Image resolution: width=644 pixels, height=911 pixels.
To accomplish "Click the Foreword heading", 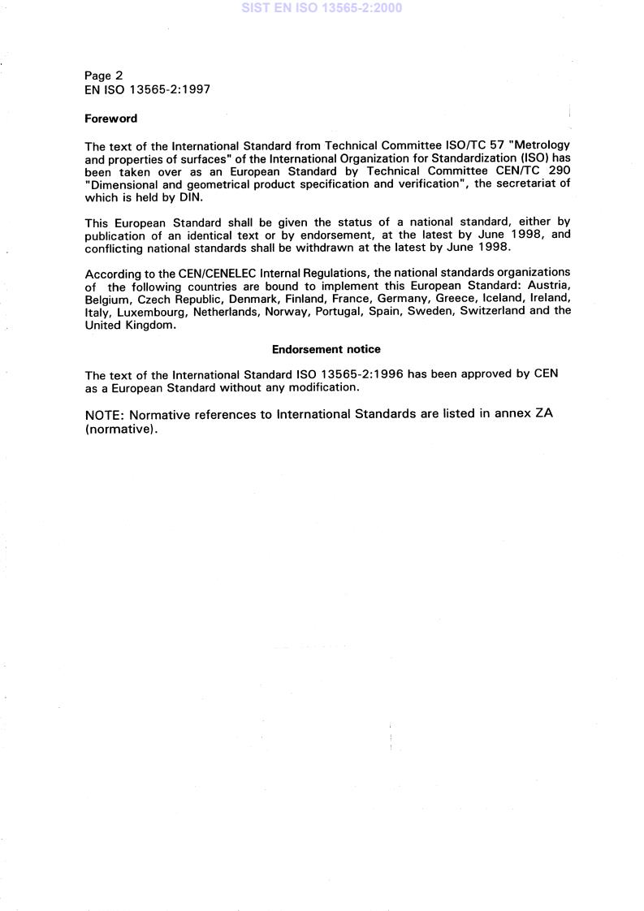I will [111, 119].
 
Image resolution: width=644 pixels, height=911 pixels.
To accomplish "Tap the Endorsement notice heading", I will [326, 349].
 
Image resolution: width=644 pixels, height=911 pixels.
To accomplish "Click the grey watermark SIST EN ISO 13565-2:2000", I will [322, 8].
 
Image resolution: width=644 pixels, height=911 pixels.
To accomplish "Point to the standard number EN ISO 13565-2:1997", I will [148, 90].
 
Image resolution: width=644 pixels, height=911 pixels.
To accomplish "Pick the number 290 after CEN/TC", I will [558, 171].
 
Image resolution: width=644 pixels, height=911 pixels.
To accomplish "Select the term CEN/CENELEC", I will [184, 272].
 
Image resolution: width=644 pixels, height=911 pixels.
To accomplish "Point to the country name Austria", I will [549, 285].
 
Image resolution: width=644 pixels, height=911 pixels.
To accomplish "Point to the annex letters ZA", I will [542, 414].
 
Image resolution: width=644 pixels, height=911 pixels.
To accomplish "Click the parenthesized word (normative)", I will [120, 429].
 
